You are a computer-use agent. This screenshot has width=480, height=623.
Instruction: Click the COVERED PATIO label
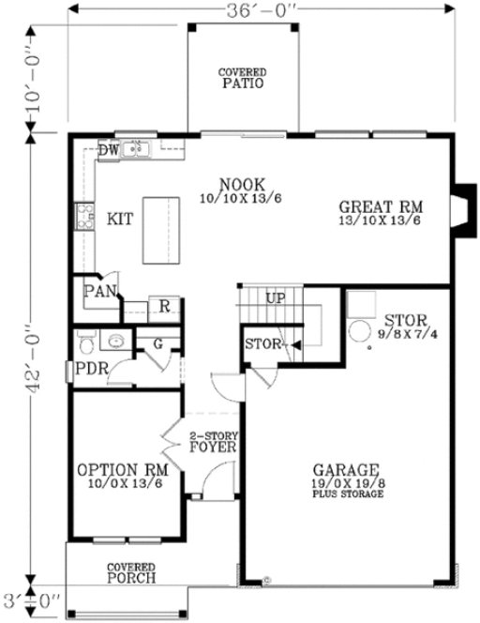point(243,78)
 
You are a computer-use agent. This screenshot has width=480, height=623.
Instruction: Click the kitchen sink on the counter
point(139,148)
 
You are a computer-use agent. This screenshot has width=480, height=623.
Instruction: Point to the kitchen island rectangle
point(160,230)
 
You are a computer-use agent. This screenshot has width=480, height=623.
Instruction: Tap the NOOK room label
point(241,184)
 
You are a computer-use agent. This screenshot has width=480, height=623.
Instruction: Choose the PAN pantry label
point(97,291)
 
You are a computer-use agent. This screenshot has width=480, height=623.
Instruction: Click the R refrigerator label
point(163,306)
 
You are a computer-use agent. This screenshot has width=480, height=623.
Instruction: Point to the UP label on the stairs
point(276,298)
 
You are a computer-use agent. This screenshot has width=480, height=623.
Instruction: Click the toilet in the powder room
point(83,340)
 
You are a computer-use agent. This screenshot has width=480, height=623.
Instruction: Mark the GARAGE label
point(346,469)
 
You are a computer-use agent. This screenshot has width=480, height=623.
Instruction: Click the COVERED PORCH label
point(130,572)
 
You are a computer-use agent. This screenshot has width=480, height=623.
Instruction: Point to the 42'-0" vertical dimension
point(35,357)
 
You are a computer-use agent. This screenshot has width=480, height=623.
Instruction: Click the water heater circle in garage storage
point(360,332)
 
